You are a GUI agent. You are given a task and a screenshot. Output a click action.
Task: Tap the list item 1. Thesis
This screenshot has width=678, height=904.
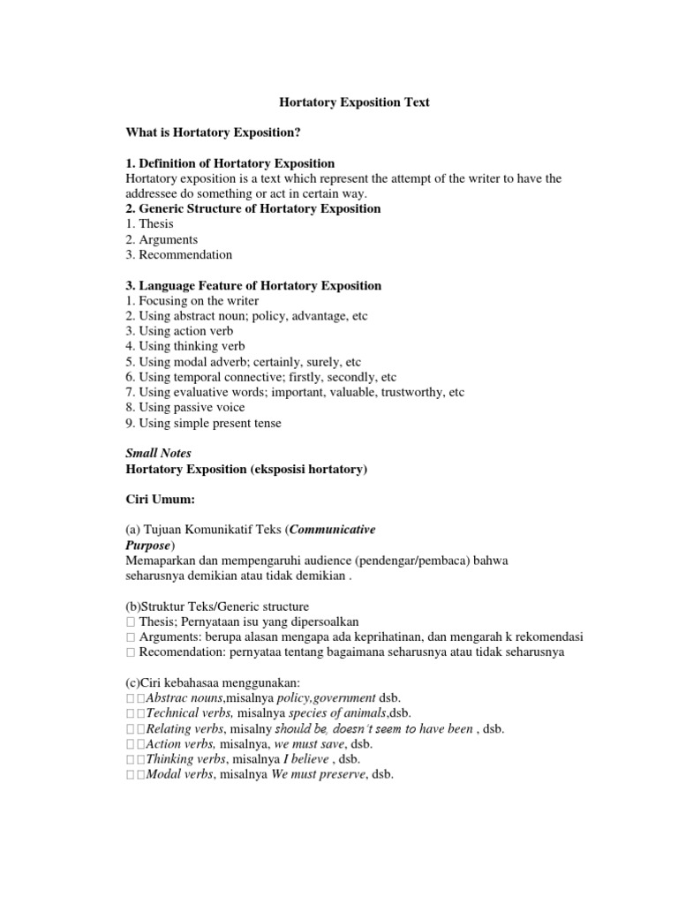(x=150, y=224)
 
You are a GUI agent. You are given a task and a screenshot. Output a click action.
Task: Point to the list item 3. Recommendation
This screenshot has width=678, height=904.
(x=179, y=255)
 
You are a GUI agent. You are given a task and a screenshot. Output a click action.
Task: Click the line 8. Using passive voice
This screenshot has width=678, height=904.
(x=185, y=408)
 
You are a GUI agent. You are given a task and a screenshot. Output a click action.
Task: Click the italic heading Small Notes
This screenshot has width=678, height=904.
(x=159, y=454)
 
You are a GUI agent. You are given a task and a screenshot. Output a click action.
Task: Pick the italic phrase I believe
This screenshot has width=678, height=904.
(x=305, y=759)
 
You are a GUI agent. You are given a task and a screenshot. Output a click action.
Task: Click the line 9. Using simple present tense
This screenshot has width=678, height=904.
(x=204, y=424)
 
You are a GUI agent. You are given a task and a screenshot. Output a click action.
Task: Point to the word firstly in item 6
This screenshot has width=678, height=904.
(x=317, y=377)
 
